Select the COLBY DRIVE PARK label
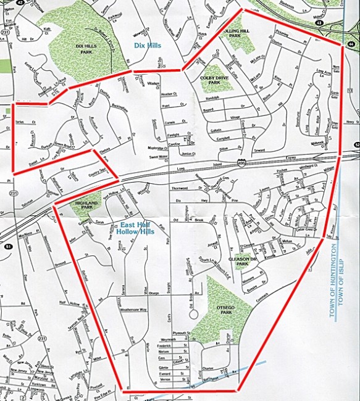pyautogui.click(x=214, y=79)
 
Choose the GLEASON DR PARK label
pyautogui.click(x=238, y=261)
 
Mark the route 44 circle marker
pyautogui.click(x=351, y=44)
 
